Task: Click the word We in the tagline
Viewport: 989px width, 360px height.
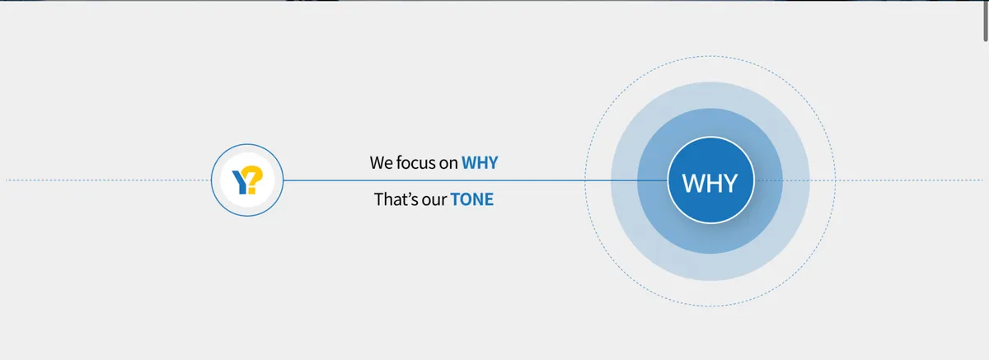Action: [381, 163]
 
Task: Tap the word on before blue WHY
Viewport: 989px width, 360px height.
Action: [448, 164]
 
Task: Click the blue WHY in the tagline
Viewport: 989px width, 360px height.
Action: [480, 163]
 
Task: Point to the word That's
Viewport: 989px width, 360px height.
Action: [396, 199]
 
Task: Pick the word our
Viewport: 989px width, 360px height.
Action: [434, 201]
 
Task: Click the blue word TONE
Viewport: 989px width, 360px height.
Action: [472, 199]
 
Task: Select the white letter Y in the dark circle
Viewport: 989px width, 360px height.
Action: [730, 183]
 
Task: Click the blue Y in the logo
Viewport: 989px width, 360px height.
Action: [241, 183]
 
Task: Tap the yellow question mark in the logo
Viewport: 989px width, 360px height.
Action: [254, 179]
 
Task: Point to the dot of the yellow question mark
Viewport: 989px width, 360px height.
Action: [252, 190]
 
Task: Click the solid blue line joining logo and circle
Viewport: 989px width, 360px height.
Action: [476, 180]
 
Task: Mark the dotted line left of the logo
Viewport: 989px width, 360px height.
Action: [109, 180]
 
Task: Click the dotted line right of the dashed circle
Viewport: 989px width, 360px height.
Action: [910, 180]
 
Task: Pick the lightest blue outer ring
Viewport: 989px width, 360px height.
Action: [710, 95]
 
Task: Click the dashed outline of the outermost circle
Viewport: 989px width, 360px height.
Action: [710, 56]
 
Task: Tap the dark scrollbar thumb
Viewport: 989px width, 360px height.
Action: [986, 21]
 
